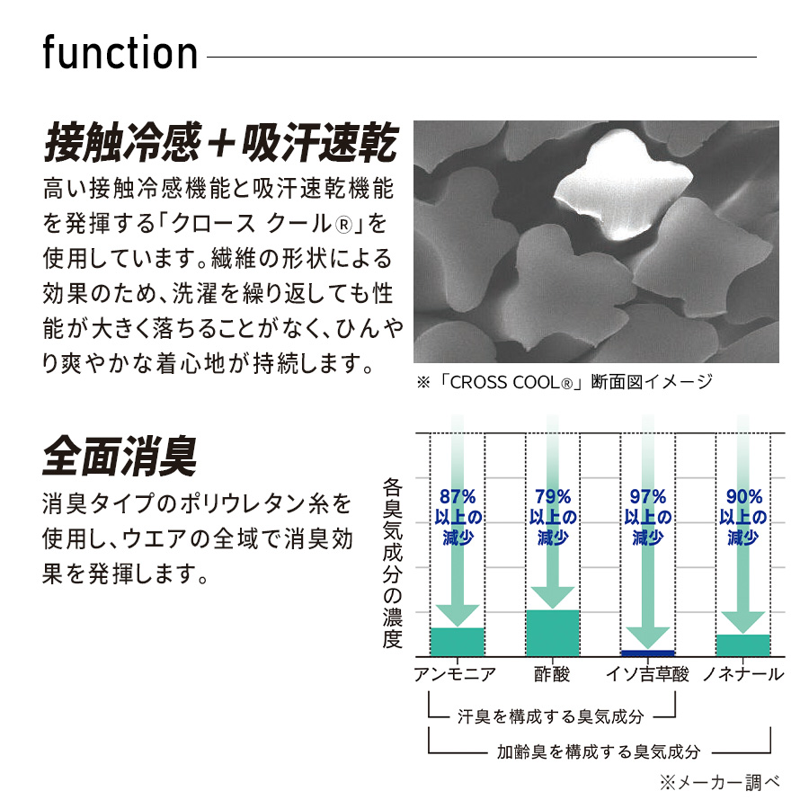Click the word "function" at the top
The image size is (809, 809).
[x=120, y=52]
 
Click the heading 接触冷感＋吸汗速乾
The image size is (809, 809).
[x=221, y=141]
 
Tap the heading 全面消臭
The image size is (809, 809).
[x=120, y=456]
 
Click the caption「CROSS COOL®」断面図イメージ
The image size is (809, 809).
[x=565, y=382]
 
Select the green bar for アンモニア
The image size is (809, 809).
[x=458, y=642]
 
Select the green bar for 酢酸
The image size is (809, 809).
[x=553, y=633]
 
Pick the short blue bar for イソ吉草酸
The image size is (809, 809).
[x=647, y=653]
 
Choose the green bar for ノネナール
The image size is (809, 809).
[x=743, y=645]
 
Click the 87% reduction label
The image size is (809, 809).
[x=458, y=517]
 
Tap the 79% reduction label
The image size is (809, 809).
[x=553, y=517]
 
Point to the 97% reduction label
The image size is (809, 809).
[x=648, y=517]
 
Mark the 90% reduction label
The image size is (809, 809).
[x=743, y=517]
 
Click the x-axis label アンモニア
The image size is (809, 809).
[x=455, y=674]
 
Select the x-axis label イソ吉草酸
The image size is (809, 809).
[x=647, y=674]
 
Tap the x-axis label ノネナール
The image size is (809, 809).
[x=743, y=674]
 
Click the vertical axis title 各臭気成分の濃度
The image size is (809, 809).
[x=392, y=564]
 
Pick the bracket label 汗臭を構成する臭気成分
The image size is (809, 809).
[x=550, y=716]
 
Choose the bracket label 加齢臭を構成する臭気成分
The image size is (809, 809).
[x=599, y=751]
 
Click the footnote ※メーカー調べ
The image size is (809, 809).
[x=720, y=783]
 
